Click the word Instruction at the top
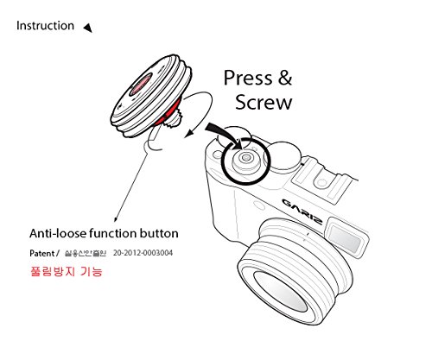tap(45, 26)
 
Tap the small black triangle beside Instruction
tap(88, 28)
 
